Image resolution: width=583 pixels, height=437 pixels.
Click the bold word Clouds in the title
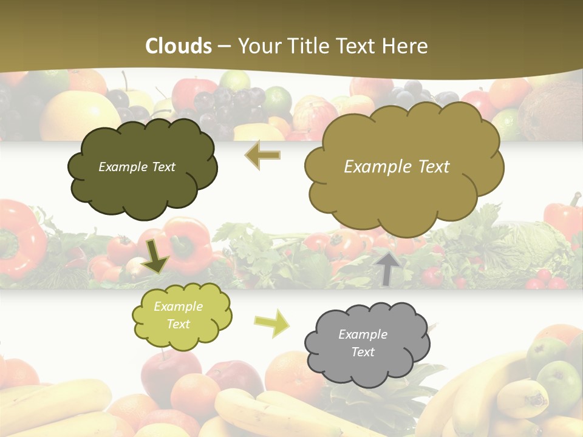click(x=179, y=46)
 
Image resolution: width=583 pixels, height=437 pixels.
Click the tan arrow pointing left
click(x=262, y=155)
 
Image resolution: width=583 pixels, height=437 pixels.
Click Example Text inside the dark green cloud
click(x=137, y=167)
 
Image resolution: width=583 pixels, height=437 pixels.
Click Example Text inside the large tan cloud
click(x=397, y=167)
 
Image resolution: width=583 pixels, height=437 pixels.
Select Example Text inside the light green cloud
click(x=178, y=315)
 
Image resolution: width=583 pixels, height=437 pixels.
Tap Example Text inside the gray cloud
click(x=363, y=343)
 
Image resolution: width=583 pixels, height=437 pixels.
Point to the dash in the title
click(x=225, y=46)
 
